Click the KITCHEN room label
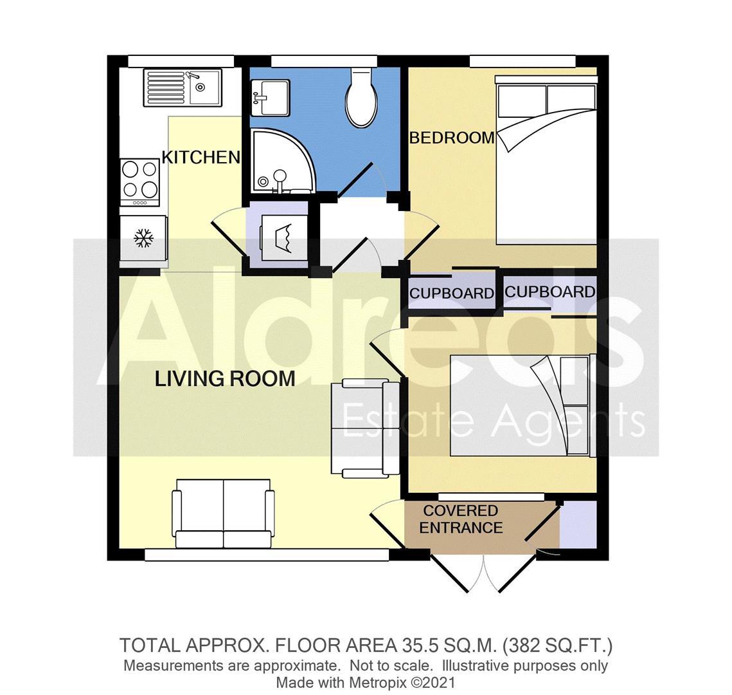point(201,157)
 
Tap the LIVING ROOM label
point(225,378)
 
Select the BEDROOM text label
point(452,138)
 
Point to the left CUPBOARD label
point(451,293)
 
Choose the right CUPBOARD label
point(549,292)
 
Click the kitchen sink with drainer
point(183,88)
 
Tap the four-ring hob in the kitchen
point(140,181)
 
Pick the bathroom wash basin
point(270,97)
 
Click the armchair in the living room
point(364,428)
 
